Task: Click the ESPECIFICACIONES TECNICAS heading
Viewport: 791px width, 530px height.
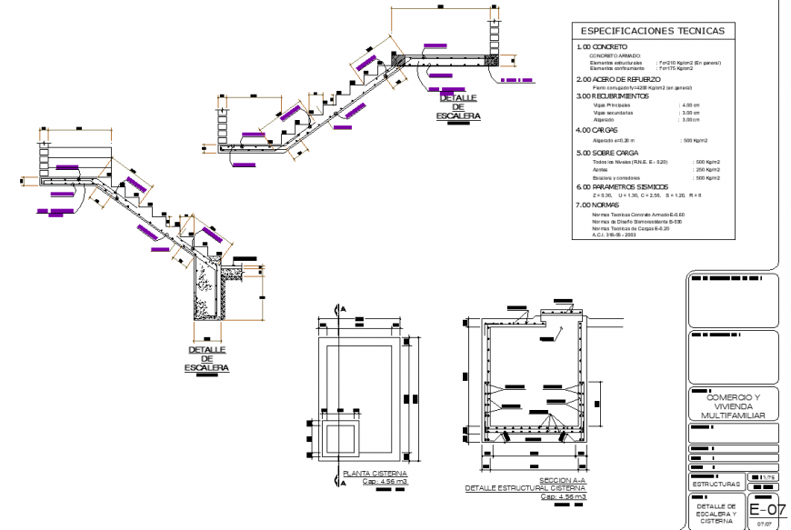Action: coord(652,31)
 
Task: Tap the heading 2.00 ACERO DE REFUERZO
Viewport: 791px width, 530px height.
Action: coord(617,79)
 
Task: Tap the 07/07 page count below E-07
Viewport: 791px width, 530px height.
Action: coord(764,524)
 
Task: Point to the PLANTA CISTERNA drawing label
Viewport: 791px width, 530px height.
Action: coord(375,474)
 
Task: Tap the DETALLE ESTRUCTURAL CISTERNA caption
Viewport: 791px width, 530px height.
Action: coord(525,488)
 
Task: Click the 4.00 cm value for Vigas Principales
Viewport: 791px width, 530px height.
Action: coord(691,105)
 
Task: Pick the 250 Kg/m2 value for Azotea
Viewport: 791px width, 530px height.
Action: coord(707,170)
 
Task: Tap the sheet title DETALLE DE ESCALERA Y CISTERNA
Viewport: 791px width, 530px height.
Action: coord(717,513)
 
